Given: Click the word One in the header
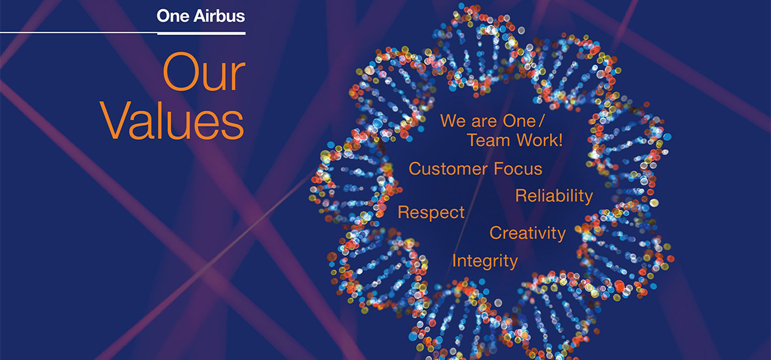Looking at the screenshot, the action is click(x=173, y=16).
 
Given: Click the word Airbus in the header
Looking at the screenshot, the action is click(x=219, y=16).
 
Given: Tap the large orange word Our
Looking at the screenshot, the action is click(x=204, y=72).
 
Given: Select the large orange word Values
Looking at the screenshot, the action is click(x=172, y=121).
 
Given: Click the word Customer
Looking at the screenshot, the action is click(x=448, y=168).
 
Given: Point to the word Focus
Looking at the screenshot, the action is click(x=518, y=168).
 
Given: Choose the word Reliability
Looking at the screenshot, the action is click(x=554, y=196).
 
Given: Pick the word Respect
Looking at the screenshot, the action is click(x=431, y=212).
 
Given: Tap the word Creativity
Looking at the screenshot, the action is click(x=528, y=233).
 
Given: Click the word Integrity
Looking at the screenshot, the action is click(x=485, y=261).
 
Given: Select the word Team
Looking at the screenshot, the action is click(x=489, y=140).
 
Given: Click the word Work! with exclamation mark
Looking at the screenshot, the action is click(x=540, y=140).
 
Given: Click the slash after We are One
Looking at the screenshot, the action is click(x=542, y=121).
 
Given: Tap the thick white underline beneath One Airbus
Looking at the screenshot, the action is click(x=201, y=34).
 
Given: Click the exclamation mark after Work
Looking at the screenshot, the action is click(x=561, y=140).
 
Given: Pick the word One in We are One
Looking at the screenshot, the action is click(x=519, y=121).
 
